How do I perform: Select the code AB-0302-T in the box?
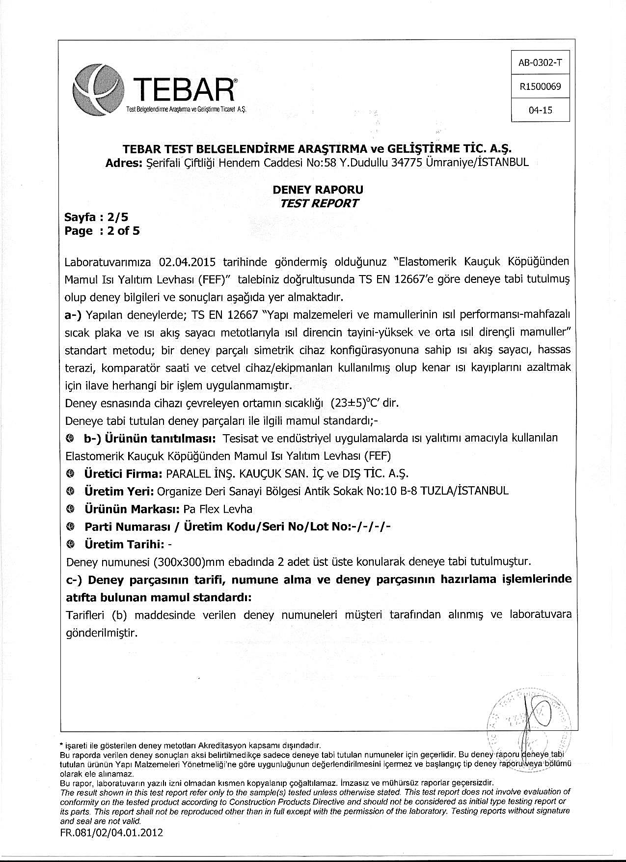click(540, 63)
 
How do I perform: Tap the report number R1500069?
click(540, 87)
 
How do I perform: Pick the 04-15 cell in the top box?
click(540, 110)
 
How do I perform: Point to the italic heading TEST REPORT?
click(319, 203)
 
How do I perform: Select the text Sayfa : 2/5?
click(96, 217)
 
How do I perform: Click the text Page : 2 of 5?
click(102, 231)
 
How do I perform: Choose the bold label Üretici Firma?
click(123, 473)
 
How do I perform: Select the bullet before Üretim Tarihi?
click(71, 544)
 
